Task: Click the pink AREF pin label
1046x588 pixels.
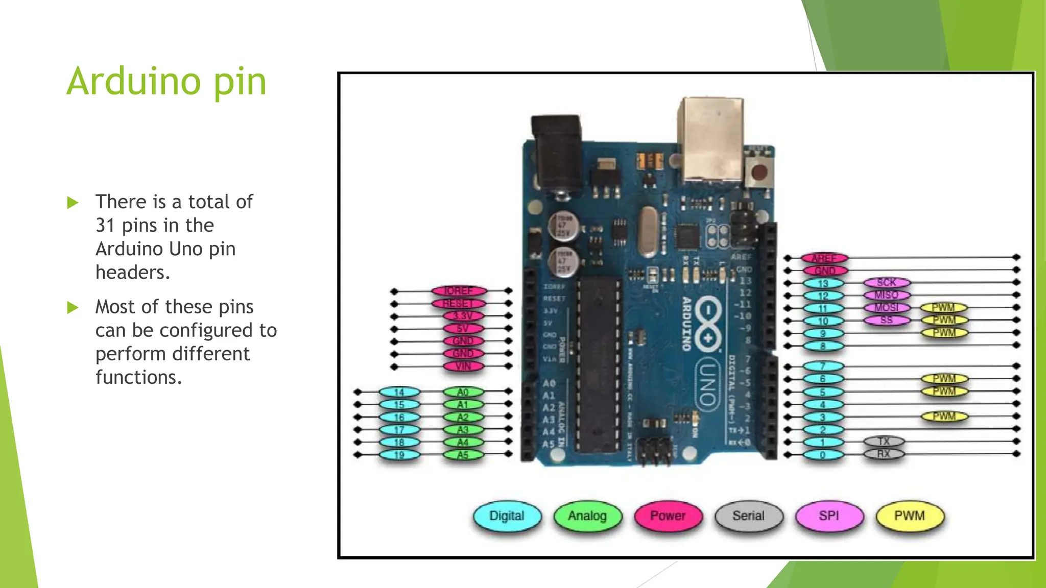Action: coord(824,258)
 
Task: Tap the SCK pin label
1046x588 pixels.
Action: coord(887,282)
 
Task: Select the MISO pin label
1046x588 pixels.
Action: coord(887,295)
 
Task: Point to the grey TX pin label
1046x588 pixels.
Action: coord(884,442)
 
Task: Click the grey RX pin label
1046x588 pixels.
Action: coord(884,454)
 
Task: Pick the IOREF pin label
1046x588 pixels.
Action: coord(459,291)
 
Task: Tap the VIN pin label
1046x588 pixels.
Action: coord(463,366)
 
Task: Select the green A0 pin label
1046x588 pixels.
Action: coord(463,392)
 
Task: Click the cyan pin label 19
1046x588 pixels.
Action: coord(399,455)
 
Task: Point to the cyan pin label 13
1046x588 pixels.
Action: coord(823,283)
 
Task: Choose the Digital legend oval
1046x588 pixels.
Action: coord(507,516)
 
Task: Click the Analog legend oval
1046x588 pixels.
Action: coord(587,516)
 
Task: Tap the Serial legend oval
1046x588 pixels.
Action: coord(749,516)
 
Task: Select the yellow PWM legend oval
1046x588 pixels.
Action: coord(910,516)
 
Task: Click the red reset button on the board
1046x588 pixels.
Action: coord(759,171)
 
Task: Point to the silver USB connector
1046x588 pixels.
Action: coord(710,138)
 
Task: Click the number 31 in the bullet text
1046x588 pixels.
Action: coord(105,225)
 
